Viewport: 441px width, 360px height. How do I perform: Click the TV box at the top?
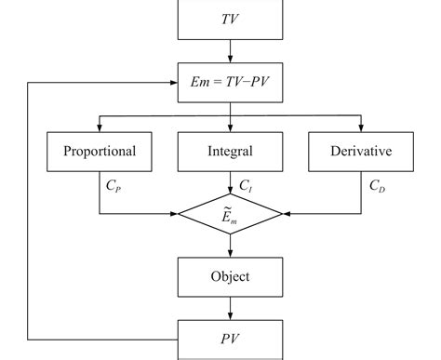click(229, 19)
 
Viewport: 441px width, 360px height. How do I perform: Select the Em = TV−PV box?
click(229, 82)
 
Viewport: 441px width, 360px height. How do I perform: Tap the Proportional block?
click(100, 151)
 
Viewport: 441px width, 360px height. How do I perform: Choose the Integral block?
click(229, 151)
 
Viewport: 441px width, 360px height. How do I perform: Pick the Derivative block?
click(360, 151)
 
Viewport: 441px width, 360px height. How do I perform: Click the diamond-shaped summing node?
click(229, 214)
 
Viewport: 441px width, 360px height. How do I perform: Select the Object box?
click(229, 276)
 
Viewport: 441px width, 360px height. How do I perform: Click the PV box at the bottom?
click(229, 337)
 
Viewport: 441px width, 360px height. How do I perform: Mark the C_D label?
click(378, 186)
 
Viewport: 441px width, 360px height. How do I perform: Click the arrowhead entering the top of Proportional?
click(100, 127)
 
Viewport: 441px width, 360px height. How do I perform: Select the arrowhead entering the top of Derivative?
click(360, 127)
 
